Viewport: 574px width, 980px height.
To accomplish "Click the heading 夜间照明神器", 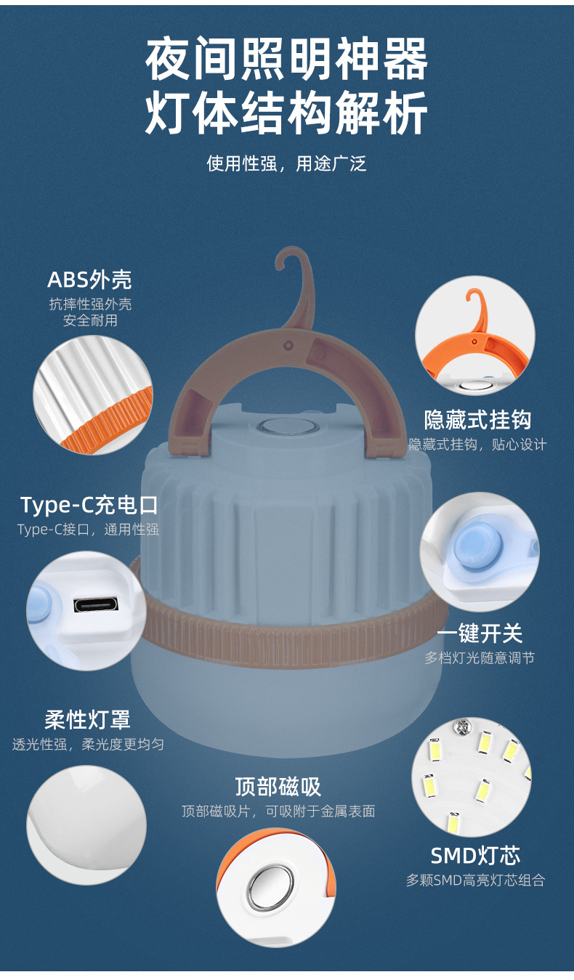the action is pos(286,59).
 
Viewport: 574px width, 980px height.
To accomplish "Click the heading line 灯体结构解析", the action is pos(286,113).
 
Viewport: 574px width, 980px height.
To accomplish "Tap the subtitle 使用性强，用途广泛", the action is pos(286,163).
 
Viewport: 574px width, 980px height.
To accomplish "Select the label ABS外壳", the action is pos(89,280).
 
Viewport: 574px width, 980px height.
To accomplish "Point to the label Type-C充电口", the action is pos(89,505).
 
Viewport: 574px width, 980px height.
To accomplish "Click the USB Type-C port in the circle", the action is pos(96,605).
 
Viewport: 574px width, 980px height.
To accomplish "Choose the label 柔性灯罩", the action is pos(87,720).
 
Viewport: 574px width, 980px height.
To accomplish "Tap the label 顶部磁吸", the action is pos(278,787).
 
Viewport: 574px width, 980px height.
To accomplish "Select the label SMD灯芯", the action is pos(476,856).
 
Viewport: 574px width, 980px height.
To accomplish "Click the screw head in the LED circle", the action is pos(461,726).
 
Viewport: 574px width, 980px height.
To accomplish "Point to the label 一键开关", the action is pos(480,633).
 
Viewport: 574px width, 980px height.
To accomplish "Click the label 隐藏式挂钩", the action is pos(478,420).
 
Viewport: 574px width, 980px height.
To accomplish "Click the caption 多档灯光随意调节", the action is pos(480,657).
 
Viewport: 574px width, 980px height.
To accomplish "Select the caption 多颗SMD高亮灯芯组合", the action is pos(476,880).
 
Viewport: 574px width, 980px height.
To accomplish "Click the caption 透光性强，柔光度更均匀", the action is pos(88,744).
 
